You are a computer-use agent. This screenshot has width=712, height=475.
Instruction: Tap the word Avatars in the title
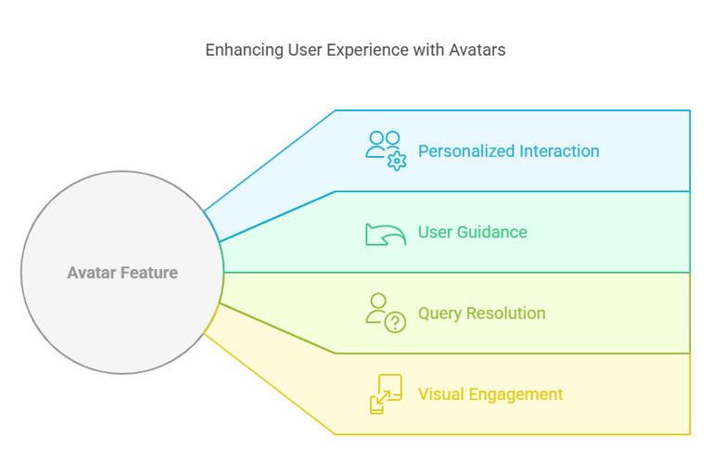coord(477,49)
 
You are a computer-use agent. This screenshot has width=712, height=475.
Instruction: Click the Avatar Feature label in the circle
coord(122,273)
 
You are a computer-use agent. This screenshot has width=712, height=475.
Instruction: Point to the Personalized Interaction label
coord(509,151)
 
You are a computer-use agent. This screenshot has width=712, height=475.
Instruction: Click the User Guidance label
coord(473,232)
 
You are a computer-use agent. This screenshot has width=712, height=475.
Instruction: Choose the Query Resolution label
coord(482,314)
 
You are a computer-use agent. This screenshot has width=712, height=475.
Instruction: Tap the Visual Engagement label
coord(490,394)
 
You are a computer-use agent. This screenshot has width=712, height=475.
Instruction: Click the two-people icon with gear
coord(386,151)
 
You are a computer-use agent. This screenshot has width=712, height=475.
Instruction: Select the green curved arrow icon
coord(386,235)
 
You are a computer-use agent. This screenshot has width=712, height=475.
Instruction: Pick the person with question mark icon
coord(386,314)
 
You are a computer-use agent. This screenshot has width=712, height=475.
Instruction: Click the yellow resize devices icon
coord(386,393)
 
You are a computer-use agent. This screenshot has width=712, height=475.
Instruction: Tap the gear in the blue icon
coord(397,160)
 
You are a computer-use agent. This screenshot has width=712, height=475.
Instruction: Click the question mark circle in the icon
coord(396,322)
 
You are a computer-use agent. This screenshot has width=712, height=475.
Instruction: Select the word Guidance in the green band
coord(492,232)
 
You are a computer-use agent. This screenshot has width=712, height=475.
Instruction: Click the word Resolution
coord(506,314)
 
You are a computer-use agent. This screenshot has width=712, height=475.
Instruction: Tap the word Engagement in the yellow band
coord(515,394)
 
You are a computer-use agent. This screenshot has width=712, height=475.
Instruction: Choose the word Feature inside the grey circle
coord(149,273)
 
